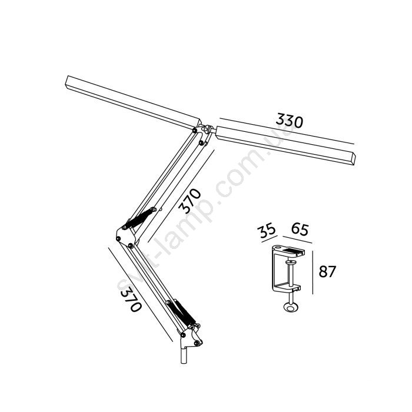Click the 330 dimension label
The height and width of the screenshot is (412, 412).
pos(290,121)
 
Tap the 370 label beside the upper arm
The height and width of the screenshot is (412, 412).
pos(190,201)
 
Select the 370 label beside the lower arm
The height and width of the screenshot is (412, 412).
pos(130,298)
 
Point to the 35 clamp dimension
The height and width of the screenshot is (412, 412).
pos(268,230)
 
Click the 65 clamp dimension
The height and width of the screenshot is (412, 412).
pos(300,230)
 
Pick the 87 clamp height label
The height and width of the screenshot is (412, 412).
pos(327,271)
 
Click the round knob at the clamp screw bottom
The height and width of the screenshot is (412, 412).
pos(291,307)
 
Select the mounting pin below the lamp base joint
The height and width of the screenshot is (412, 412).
pos(184,355)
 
